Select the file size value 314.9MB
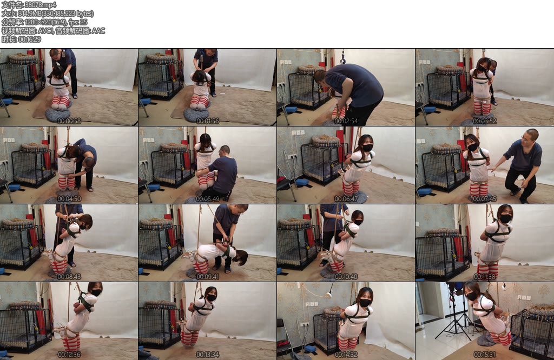click(x=29, y=14)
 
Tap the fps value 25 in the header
click(x=83, y=22)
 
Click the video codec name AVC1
click(x=45, y=31)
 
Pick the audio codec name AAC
click(x=98, y=31)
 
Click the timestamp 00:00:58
click(x=69, y=121)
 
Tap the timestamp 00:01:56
click(x=207, y=121)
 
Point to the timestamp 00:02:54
click(x=346, y=121)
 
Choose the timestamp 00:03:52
click(x=484, y=121)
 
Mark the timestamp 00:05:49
click(x=207, y=199)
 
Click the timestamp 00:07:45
click(x=484, y=199)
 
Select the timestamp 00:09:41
click(x=207, y=277)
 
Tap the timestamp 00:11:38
click(x=484, y=277)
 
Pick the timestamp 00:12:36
click(x=69, y=355)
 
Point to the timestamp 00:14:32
click(x=346, y=355)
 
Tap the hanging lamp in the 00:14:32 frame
click(x=328, y=293)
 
